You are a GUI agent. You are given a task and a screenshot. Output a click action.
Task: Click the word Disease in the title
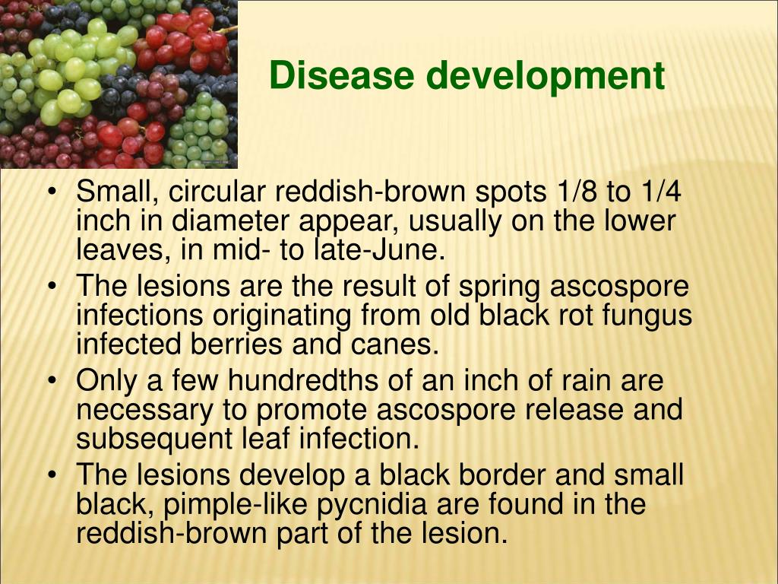(342, 75)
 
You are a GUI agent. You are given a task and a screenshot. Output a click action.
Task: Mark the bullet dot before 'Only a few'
(52, 380)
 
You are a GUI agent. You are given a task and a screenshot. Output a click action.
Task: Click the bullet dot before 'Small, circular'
(52, 192)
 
